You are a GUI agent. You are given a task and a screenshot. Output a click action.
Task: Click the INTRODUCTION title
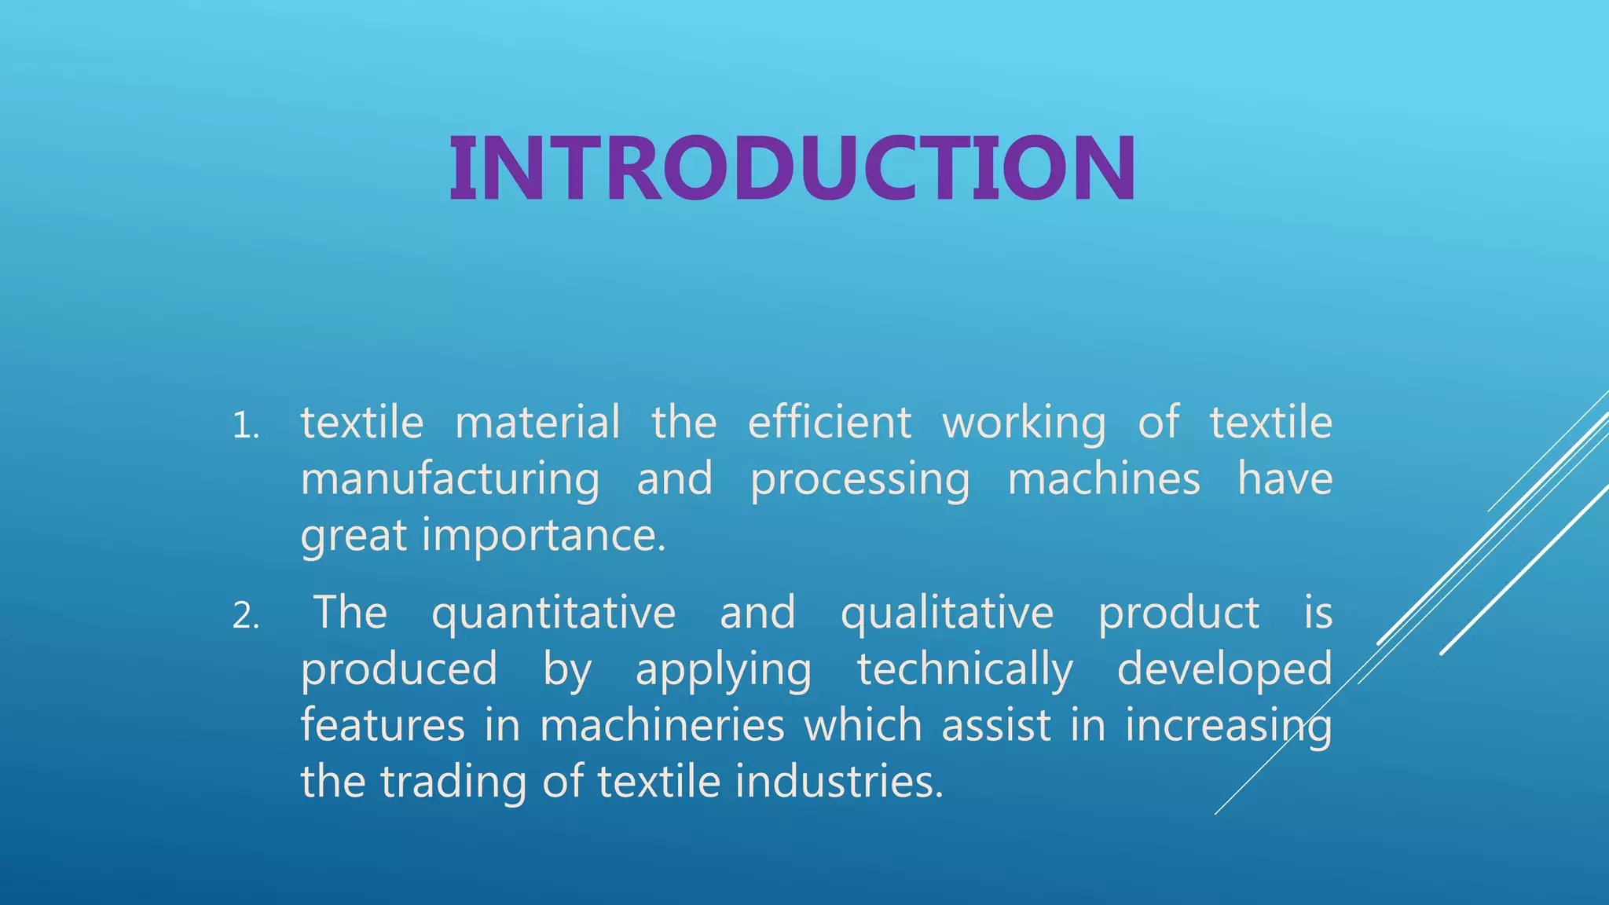click(792, 169)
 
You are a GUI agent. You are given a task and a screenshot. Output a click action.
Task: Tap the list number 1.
click(245, 427)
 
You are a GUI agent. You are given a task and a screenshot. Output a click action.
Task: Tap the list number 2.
click(245, 617)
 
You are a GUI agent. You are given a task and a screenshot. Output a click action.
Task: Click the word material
click(537, 422)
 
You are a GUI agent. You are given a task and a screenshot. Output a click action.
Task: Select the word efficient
click(830, 422)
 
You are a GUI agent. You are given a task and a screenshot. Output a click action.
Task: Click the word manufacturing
click(450, 479)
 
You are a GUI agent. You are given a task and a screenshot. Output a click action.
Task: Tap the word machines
click(1104, 478)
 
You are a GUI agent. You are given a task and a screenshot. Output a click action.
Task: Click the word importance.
click(544, 537)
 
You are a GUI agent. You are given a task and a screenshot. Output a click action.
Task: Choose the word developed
click(1224, 670)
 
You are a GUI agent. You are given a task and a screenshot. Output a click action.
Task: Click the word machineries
click(662, 725)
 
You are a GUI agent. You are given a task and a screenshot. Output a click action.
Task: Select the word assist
click(996, 725)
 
